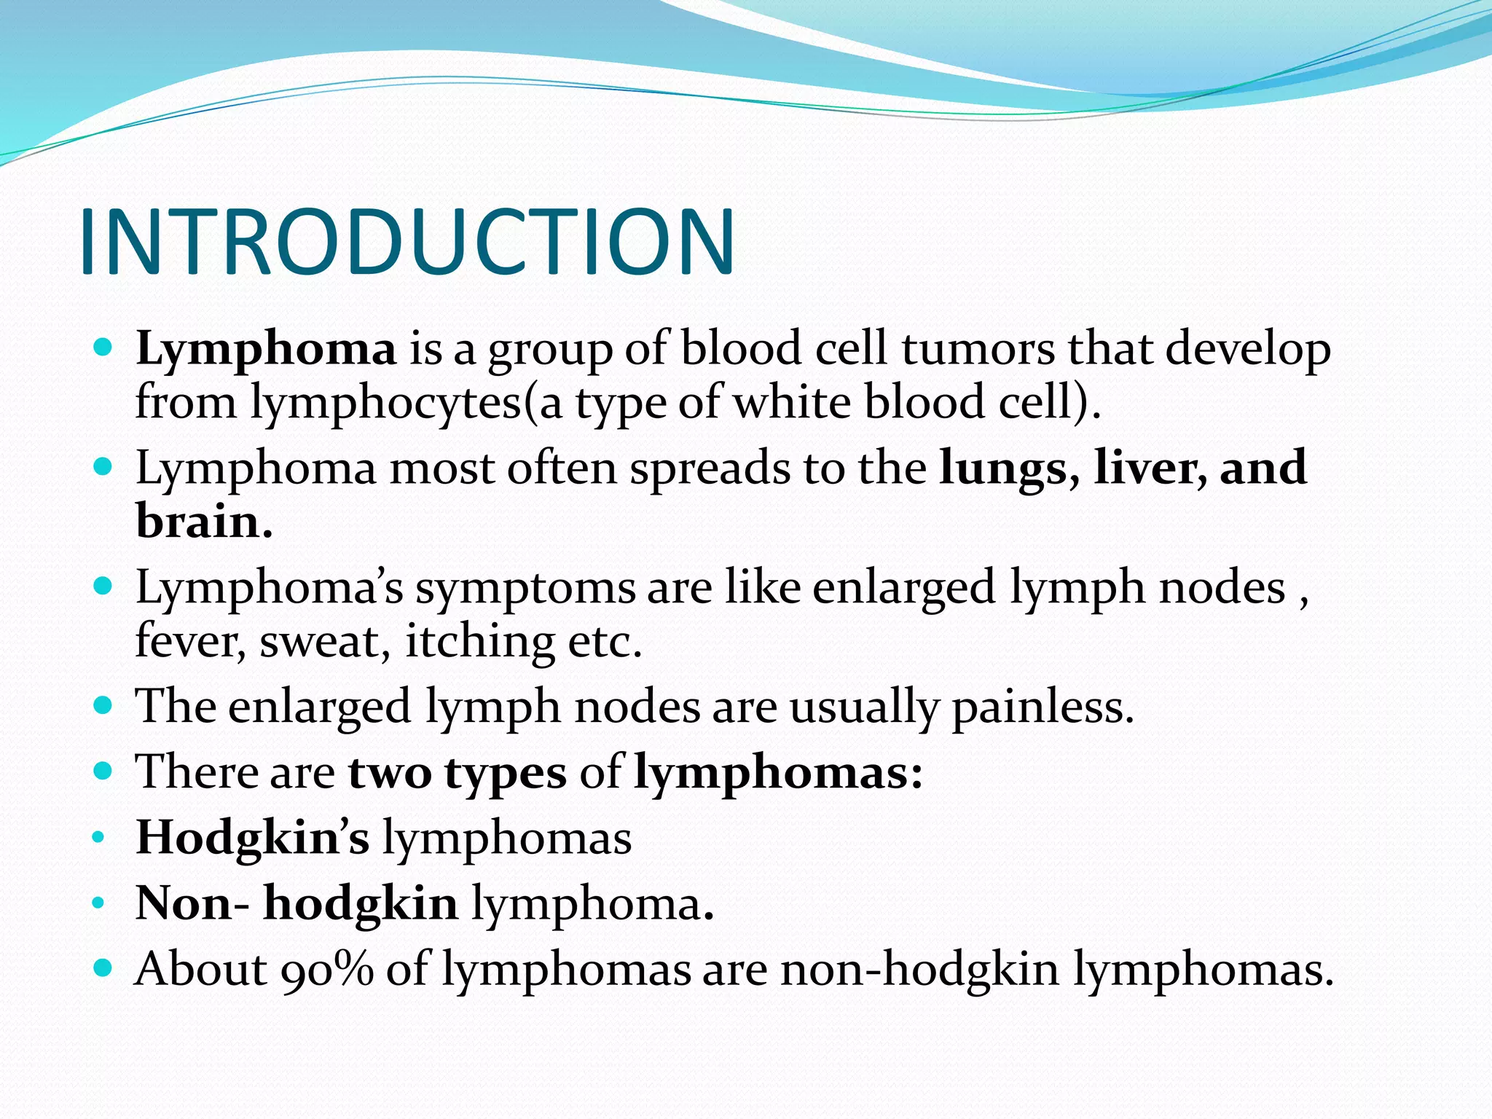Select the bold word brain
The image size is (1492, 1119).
[x=204, y=522]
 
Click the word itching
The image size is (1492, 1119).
[x=479, y=642]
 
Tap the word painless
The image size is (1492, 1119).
[x=1043, y=707]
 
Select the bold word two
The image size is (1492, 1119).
[x=389, y=773]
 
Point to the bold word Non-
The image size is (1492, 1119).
[x=192, y=904]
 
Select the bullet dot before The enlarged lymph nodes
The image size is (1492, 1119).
[x=103, y=705]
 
